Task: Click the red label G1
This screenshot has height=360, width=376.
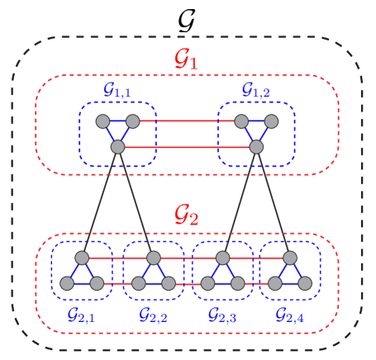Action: point(186,59)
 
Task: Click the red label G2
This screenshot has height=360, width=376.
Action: point(186,216)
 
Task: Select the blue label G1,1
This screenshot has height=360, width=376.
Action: point(117,90)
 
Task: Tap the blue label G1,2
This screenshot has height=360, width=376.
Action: point(255,90)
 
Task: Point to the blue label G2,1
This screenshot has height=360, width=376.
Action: point(81,315)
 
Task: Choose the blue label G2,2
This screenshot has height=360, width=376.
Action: point(153,315)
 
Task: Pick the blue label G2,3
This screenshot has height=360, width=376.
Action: point(221,315)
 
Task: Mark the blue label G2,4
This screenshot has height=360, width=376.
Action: point(289,315)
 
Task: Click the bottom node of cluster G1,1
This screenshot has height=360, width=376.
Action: point(117,147)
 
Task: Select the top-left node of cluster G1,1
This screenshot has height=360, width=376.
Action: point(102,121)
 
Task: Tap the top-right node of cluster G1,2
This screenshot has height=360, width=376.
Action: point(271,121)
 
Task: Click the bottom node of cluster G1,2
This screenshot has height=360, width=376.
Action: point(256,147)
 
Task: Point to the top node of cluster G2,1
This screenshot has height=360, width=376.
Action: point(82,258)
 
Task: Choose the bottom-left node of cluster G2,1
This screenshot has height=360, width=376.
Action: point(67,283)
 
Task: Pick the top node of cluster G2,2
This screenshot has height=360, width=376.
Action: point(154,258)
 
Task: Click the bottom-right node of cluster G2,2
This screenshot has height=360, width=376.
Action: point(169,283)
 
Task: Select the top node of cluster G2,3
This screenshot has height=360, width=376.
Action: point(223,258)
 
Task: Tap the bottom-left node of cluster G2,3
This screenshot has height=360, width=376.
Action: point(208,283)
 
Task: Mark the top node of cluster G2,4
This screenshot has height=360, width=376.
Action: point(290,258)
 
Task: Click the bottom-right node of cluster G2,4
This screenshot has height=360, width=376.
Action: point(305,283)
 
